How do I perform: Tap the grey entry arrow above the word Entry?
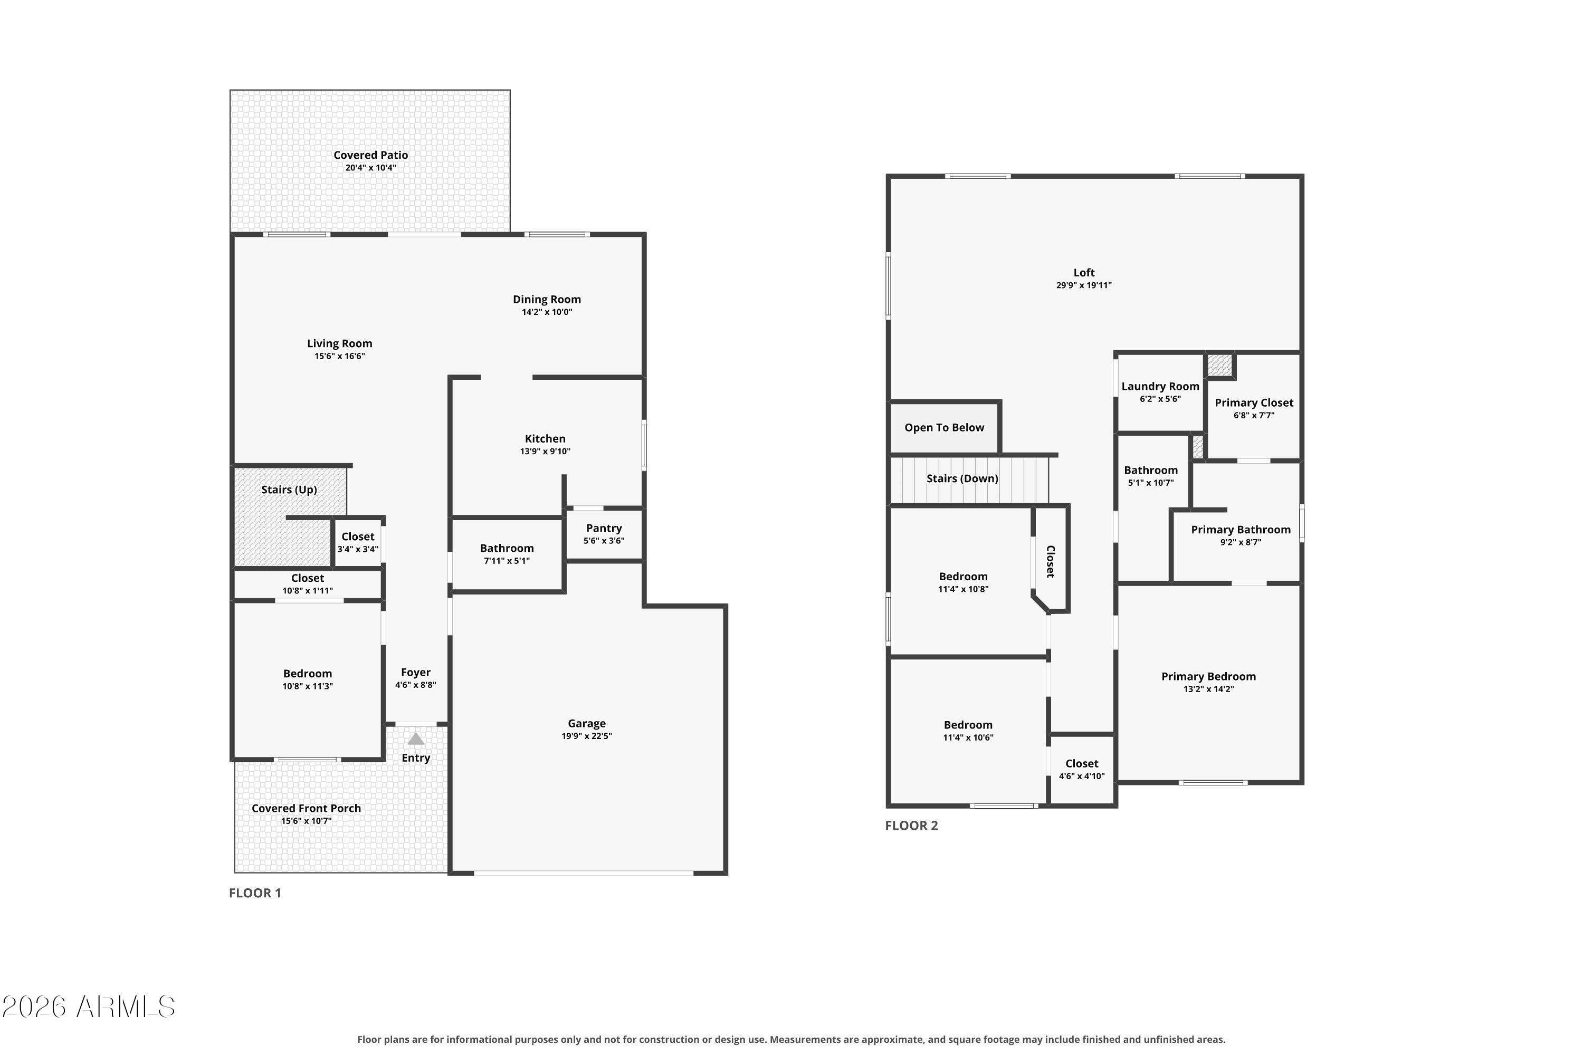416,739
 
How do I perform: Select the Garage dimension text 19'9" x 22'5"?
587,736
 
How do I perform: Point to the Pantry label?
604,528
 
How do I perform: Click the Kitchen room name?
545,439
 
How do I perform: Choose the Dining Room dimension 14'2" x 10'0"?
547,312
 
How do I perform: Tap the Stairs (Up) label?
289,490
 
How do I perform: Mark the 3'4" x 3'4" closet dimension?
357,549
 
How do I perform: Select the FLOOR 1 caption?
255,893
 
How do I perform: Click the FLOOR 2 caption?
911,826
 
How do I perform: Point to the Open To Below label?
945,428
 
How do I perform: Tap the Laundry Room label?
1160,387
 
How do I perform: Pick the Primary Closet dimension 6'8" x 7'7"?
1254,416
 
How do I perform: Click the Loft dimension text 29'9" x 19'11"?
1084,285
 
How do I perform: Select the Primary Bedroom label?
1209,677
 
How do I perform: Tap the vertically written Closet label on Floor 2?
1050,561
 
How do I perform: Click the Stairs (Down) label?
962,479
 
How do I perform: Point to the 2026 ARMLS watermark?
88,1007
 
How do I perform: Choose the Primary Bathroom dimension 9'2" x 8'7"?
1241,542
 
